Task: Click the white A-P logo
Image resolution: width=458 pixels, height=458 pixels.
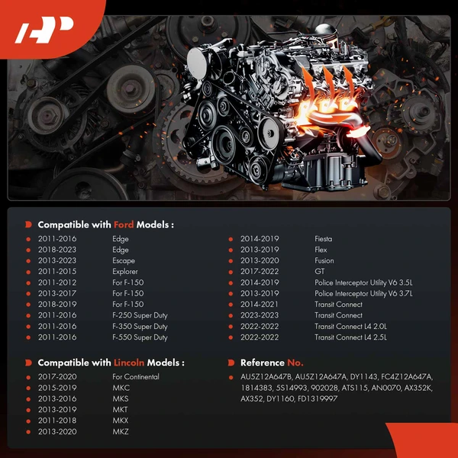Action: tap(44, 30)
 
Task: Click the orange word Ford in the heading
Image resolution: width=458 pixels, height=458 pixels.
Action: tap(124, 224)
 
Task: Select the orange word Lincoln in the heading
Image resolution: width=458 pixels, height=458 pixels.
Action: tap(129, 363)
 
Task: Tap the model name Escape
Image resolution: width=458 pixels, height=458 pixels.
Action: tap(124, 260)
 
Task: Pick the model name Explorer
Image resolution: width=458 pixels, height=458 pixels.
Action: tap(125, 272)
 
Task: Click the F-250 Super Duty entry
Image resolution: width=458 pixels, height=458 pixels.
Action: tap(140, 315)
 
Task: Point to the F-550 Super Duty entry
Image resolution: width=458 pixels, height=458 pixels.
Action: tap(140, 337)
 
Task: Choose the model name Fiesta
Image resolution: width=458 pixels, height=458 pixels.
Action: tap(324, 239)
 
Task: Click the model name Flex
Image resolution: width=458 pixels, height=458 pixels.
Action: tap(321, 250)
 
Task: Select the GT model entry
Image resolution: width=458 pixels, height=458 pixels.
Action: tap(320, 272)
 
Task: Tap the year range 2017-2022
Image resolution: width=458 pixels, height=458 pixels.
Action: tap(260, 272)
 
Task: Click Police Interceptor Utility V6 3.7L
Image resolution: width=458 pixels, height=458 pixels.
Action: tap(363, 294)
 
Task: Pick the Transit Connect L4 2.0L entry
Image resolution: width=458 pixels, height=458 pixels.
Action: tap(350, 326)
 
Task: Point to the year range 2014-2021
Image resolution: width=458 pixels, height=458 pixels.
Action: tap(260, 305)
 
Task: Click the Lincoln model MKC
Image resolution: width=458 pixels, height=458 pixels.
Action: tap(121, 388)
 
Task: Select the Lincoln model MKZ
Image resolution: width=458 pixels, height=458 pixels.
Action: tap(121, 432)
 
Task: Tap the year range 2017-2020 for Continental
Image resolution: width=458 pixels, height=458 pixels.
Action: tap(57, 377)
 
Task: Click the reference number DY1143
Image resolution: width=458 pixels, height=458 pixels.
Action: tap(363, 377)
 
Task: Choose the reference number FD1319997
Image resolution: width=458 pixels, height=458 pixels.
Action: tap(318, 398)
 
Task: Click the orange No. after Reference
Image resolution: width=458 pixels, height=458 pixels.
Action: tap(295, 363)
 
